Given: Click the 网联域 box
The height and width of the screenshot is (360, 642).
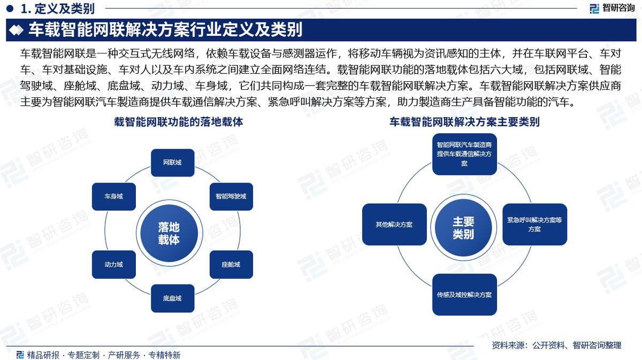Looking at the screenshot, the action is click(172, 163).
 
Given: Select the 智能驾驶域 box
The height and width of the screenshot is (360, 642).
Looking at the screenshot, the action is click(231, 196).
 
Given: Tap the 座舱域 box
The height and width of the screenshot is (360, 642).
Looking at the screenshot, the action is click(231, 264).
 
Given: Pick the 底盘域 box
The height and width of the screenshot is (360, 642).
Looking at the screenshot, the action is click(172, 298).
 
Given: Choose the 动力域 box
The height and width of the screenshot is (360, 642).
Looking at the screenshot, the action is click(113, 264).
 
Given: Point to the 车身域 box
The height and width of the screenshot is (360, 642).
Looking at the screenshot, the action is click(113, 196).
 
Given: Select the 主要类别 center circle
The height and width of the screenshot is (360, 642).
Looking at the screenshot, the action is click(463, 228).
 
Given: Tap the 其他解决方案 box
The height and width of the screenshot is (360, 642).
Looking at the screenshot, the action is click(394, 224).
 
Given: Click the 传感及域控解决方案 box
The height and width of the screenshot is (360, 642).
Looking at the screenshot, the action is click(464, 294).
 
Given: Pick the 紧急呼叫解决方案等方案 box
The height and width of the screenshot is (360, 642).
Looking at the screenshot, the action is click(534, 224).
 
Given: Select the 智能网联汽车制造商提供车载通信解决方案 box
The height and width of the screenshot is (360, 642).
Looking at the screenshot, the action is click(464, 154).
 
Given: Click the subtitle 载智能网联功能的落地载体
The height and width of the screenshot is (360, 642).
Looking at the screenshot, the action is click(179, 122).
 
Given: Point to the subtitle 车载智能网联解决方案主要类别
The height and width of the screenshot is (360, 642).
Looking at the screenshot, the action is click(464, 122).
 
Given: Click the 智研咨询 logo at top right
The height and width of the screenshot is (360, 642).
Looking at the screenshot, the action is click(612, 8).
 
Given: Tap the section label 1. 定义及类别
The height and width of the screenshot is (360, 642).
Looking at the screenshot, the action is click(57, 8).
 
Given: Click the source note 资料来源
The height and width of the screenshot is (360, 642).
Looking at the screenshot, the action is click(556, 346).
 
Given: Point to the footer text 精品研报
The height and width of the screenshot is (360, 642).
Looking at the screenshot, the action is click(43, 355).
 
